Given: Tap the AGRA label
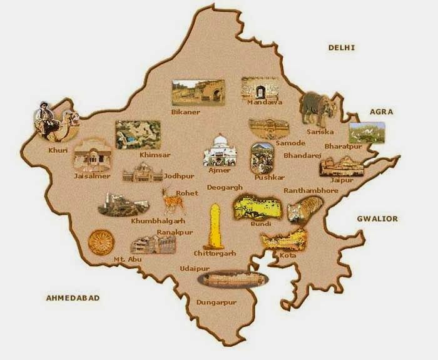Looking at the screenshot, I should tap(380, 111).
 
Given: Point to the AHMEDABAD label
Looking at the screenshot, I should tap(73, 297).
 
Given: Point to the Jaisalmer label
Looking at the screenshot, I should tap(92, 176).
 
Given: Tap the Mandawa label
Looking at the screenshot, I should tap(265, 102).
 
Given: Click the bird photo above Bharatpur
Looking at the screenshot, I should tap(366, 131).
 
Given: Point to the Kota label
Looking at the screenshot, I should tap(288, 255).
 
